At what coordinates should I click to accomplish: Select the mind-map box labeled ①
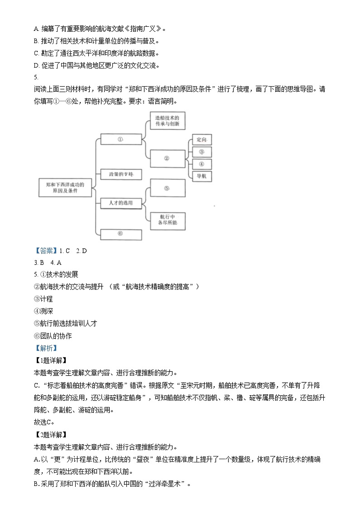pos(121,140)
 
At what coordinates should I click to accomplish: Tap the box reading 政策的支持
pos(121,174)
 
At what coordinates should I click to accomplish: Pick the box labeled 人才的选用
pos(121,203)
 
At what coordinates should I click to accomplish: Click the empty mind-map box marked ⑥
pos(121,234)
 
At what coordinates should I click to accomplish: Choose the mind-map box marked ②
pos(167,158)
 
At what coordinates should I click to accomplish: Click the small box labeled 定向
pos(202,140)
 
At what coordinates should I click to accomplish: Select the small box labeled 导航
pos(202,176)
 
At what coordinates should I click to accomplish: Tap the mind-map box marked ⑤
pos(167,188)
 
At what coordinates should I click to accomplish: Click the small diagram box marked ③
pos(202,152)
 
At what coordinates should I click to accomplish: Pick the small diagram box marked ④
pos(202,164)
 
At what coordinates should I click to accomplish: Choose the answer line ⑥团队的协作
pos(53,336)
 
